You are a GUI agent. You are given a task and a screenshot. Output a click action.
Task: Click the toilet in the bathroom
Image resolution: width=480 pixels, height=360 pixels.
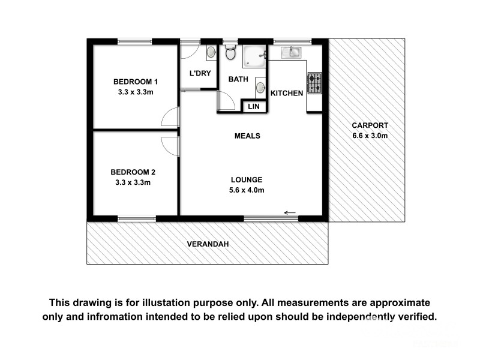pos(229,54)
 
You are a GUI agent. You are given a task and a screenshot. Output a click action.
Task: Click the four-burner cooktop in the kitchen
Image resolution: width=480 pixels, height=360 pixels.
pos(314,83)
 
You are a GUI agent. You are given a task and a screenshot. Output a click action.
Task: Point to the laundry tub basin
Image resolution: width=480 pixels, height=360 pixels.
pos(210,54)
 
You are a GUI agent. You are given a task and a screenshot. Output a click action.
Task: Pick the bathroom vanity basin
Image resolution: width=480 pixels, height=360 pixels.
pos(260,88)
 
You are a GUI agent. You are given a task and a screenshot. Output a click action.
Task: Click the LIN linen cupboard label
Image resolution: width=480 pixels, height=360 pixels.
pos(254,107)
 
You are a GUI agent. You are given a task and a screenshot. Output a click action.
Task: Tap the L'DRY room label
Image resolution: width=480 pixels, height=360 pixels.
pos(198,74)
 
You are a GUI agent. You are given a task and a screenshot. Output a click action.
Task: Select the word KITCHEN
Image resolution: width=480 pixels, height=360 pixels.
pos(287,93)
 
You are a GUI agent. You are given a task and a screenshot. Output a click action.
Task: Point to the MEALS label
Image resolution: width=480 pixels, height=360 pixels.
pos(247,136)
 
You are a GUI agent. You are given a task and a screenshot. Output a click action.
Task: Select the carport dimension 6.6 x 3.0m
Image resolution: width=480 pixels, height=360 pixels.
pos(370,136)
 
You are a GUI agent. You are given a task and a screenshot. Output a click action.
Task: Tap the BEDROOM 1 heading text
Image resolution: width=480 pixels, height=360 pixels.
pos(136,82)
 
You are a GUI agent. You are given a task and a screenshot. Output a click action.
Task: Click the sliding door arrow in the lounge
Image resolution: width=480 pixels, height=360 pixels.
pos(290,212)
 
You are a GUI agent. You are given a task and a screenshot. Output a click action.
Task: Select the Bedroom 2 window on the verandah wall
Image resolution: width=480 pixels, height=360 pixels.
pos(137,219)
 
